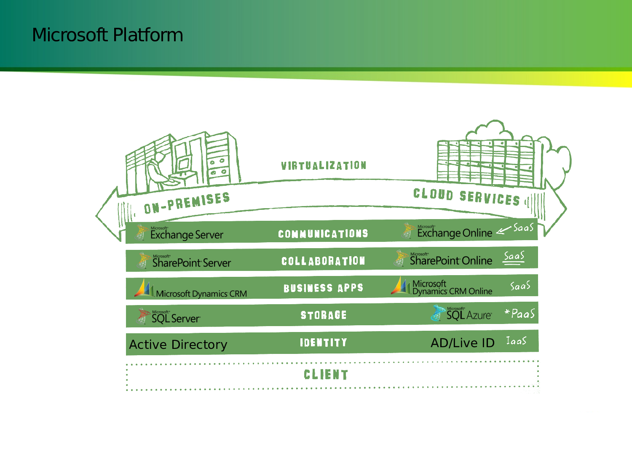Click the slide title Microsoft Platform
pyautogui.click(x=107, y=35)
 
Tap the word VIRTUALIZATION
pyautogui.click(x=324, y=166)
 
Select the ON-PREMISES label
pyautogui.click(x=187, y=203)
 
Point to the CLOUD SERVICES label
pyautogui.click(x=466, y=197)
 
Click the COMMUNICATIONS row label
pyautogui.click(x=323, y=234)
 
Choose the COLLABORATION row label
pyautogui.click(x=323, y=261)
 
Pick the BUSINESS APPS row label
pyautogui.click(x=323, y=288)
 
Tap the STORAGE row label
pyautogui.click(x=324, y=315)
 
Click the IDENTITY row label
pyautogui.click(x=324, y=343)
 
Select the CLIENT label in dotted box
pyautogui.click(x=326, y=375)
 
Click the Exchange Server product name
pyautogui.click(x=187, y=235)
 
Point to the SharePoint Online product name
pyautogui.click(x=451, y=261)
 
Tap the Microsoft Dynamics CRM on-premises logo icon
pyautogui.click(x=144, y=288)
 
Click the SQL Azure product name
pyautogui.click(x=469, y=315)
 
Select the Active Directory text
pyautogui.click(x=178, y=345)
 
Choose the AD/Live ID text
pyautogui.click(x=462, y=343)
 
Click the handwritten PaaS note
pyautogui.click(x=520, y=314)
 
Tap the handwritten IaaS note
pyautogui.click(x=516, y=341)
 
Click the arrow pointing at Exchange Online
pyautogui.click(x=503, y=230)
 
